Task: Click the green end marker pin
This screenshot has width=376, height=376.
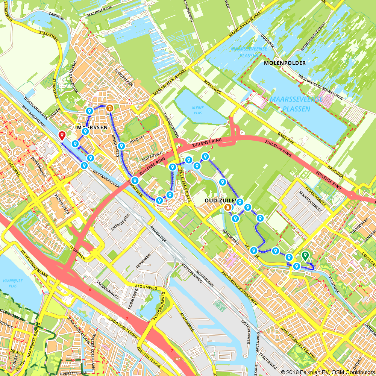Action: tap(305, 256)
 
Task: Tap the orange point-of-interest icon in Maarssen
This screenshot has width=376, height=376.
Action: tap(109, 108)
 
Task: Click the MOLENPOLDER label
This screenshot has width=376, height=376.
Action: tap(285, 63)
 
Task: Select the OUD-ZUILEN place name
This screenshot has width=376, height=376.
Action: tap(220, 200)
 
